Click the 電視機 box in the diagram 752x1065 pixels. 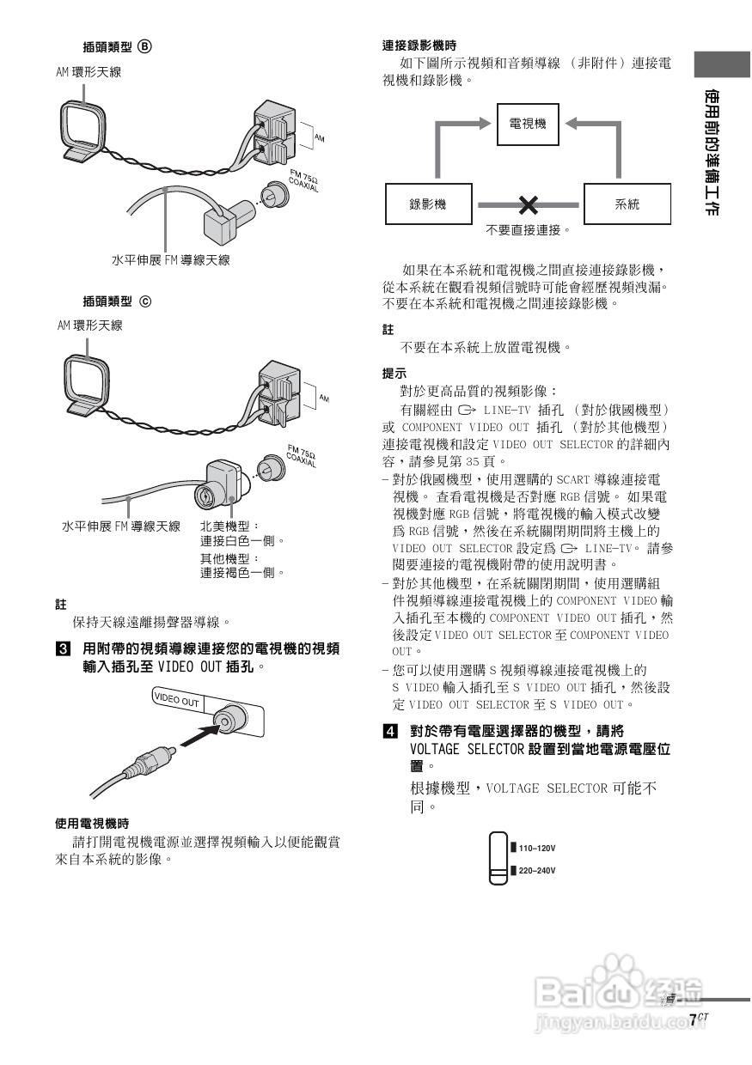(x=528, y=125)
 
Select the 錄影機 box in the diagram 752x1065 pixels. (x=428, y=204)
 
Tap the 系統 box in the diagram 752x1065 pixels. (x=627, y=204)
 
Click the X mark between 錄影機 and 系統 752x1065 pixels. (x=528, y=204)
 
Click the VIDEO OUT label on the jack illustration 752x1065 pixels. (x=176, y=699)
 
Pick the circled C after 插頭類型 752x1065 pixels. (x=144, y=301)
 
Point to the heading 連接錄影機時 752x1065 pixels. (x=419, y=46)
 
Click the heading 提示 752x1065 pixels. (x=394, y=374)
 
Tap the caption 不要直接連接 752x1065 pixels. (x=528, y=230)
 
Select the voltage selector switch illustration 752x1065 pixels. (x=498, y=858)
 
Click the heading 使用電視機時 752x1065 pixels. (x=92, y=824)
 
